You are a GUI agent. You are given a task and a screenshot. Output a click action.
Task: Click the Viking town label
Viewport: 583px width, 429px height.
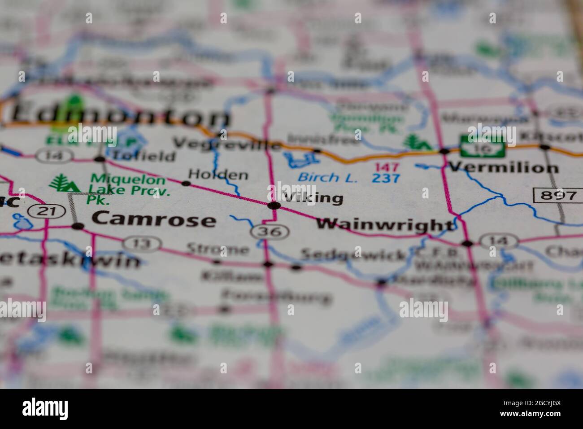coord(313,197)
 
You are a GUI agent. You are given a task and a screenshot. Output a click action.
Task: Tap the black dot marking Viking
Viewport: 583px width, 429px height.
coord(274,206)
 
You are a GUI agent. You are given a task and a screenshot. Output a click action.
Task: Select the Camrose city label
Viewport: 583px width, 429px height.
coord(154,219)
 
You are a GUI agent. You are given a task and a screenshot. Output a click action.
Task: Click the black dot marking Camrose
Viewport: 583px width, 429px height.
coord(78,226)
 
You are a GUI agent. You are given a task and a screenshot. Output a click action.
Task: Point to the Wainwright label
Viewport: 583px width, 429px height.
coord(385,224)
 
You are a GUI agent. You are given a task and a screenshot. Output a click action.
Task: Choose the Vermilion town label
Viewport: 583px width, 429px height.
coord(504,167)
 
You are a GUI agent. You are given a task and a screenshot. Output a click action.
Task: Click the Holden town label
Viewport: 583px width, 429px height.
coord(218,174)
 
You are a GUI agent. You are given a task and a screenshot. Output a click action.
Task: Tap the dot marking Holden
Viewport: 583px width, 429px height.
coord(186,183)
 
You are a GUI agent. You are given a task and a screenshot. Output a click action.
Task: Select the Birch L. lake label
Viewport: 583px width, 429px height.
coord(328,177)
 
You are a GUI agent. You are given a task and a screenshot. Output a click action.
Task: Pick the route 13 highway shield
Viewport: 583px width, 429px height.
coord(142,244)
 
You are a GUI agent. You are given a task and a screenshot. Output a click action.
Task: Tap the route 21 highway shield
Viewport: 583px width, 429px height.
coord(44,211)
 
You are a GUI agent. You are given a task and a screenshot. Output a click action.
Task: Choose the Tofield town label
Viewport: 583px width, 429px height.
coord(144,156)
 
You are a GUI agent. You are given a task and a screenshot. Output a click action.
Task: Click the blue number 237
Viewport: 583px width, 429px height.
coord(386,178)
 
